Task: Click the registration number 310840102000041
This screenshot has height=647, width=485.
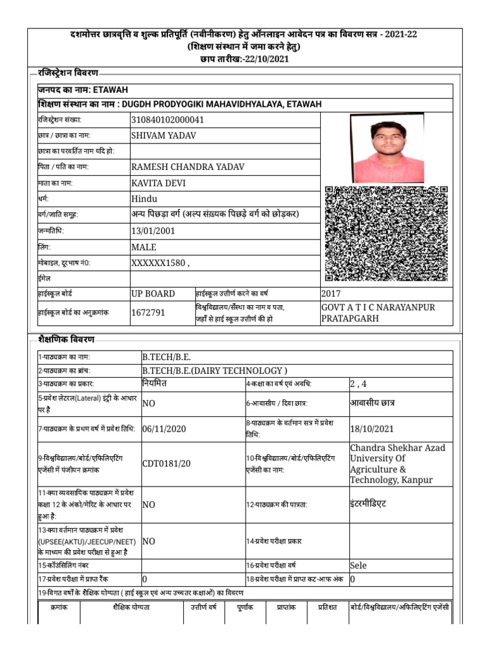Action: coord(167,119)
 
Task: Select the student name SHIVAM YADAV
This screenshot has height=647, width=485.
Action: coord(163,135)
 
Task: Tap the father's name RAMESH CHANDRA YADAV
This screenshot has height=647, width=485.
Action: coord(187,167)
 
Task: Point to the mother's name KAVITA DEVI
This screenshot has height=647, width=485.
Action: coord(159,183)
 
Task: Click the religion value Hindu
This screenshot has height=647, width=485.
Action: coord(145,199)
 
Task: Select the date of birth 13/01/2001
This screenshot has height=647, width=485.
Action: coord(153,231)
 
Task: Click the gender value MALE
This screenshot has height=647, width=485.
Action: coord(143,247)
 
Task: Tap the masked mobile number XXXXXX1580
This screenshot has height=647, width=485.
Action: coord(159,263)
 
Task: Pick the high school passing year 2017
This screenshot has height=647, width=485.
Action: coord(331,294)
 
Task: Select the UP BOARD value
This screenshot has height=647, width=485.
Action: coord(153,294)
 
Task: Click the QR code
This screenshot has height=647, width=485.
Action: coord(386,233)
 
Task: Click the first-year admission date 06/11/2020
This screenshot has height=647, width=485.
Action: coord(164,428)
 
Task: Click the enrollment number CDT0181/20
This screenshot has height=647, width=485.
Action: coord(166,464)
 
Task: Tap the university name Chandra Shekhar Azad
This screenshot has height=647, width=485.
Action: coord(397,447)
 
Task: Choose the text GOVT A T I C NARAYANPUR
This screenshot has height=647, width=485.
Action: coord(378,306)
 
